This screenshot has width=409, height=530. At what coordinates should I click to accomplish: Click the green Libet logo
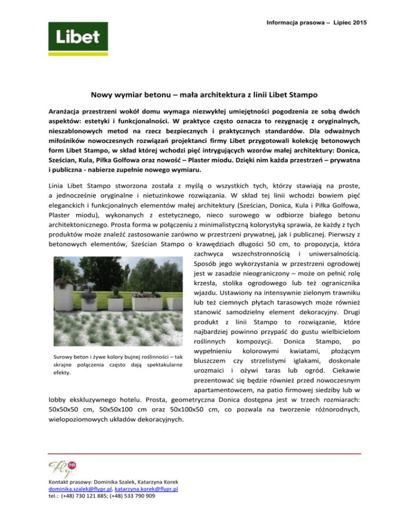74,37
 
